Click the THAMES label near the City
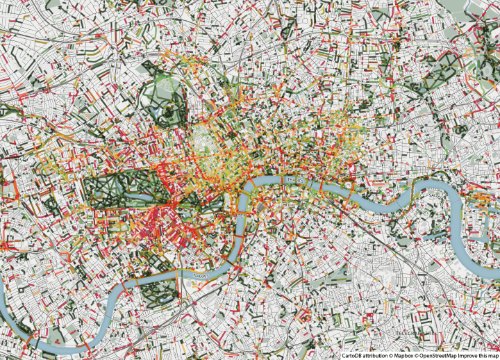coord(296,179)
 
